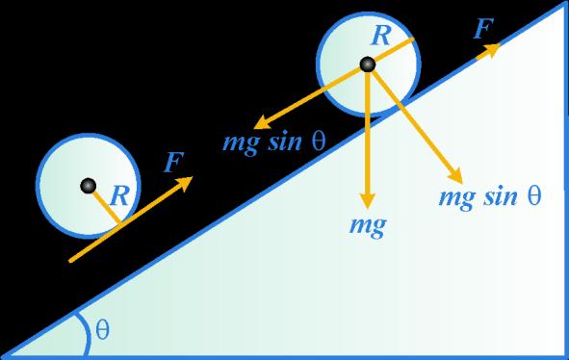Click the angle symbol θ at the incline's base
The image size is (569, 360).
pos(102,329)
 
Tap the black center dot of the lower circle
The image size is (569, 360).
pos(89,186)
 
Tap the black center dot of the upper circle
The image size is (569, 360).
pos(368,64)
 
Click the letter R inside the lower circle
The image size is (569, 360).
pos(119,196)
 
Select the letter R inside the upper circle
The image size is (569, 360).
pos(381,36)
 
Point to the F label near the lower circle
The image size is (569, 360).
pos(174,163)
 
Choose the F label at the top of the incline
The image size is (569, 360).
pos(483,28)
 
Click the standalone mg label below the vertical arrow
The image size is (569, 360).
pos(368,226)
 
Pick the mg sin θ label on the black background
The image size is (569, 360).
pos(274,142)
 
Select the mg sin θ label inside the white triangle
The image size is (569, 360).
pos(490,197)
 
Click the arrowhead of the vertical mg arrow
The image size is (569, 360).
pos(368,200)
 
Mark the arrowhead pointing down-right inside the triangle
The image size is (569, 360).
pos(456,176)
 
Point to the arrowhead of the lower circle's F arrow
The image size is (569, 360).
pos(185,182)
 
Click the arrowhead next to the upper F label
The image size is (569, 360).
pos(492,49)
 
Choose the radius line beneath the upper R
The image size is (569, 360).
pos(391,52)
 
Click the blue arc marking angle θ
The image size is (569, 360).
pos(87,334)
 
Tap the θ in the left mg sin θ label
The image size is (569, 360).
pos(319,141)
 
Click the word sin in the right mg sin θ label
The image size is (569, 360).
pos(501,196)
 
